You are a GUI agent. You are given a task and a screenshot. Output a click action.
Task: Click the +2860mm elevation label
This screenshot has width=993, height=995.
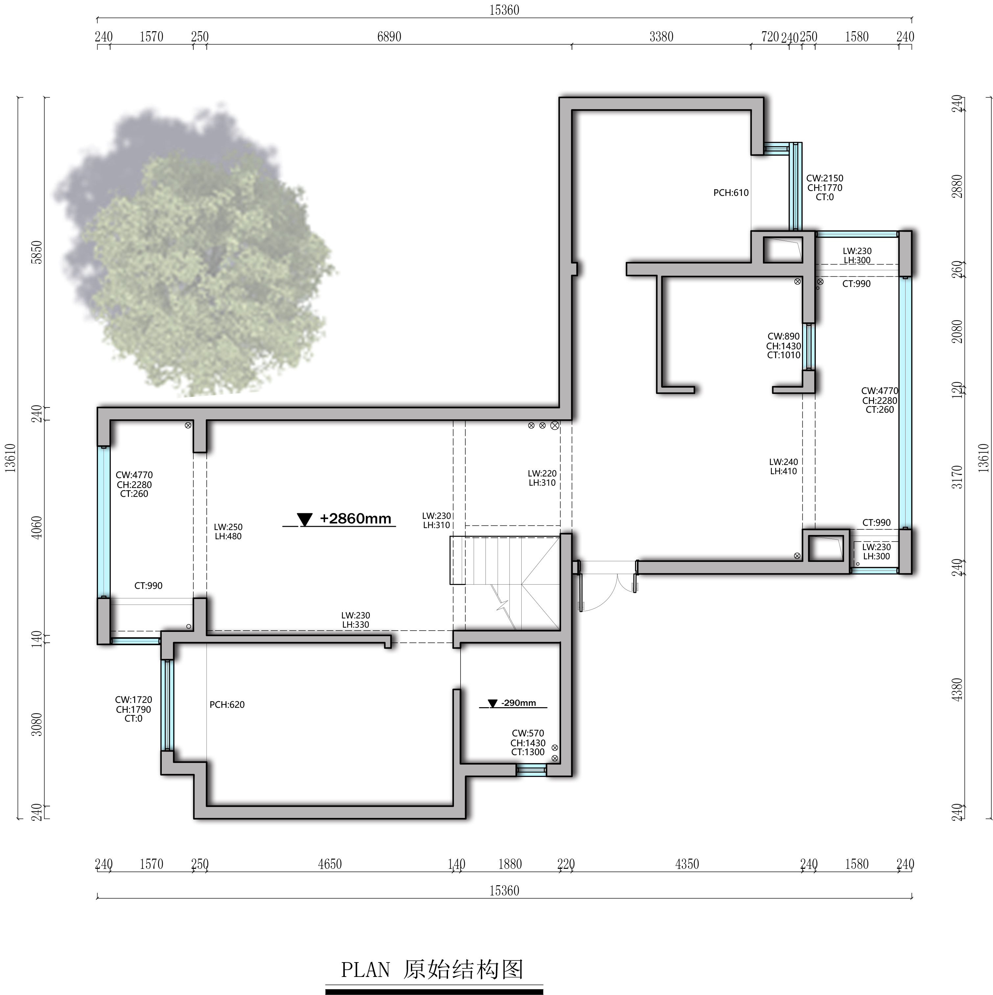pos(355,518)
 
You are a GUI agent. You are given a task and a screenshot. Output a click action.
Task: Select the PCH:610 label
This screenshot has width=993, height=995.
pos(731,193)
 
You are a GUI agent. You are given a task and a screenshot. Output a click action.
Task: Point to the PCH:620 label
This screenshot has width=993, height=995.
pos(227,705)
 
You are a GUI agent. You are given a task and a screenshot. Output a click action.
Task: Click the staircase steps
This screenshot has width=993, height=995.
pos(505,582)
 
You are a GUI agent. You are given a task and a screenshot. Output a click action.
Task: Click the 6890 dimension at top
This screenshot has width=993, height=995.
pos(389,36)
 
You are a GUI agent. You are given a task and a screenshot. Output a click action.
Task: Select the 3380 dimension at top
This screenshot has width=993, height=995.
pos(661,36)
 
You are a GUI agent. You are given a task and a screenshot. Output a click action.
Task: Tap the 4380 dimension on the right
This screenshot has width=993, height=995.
pos(957,689)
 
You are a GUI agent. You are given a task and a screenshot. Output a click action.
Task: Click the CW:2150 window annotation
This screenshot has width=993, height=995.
pos(825,187)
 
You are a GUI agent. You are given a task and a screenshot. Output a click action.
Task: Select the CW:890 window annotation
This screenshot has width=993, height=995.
pos(783,346)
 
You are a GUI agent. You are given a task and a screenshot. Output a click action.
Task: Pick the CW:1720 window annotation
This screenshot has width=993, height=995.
pos(133,709)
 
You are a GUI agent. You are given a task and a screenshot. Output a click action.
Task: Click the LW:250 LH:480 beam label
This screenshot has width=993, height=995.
pos(228,531)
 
